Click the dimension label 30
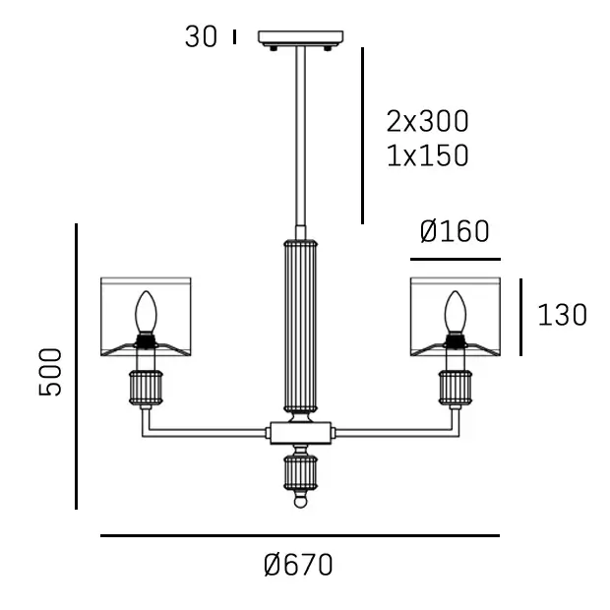201,37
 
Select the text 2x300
428,121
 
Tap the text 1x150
428,155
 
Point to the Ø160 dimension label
455,231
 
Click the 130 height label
562,315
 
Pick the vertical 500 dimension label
50,372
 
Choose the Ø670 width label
298,565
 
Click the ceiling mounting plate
301,37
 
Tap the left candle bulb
146,313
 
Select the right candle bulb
456,313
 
